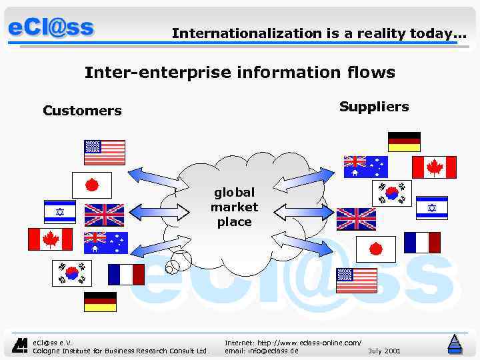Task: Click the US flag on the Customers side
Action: point(104,152)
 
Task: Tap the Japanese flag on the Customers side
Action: point(91,184)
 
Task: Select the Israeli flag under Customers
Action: point(60,211)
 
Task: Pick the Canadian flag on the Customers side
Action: point(50,239)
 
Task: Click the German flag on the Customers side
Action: point(100,302)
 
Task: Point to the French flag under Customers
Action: point(126,274)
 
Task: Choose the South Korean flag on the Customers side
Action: point(71,273)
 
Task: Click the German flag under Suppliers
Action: point(404,142)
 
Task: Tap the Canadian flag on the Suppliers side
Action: point(434,167)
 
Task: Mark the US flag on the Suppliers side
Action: point(357,281)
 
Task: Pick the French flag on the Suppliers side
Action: point(422,243)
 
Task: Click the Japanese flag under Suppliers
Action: point(375,249)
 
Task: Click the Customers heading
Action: point(82,111)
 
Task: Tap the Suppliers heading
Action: point(374,107)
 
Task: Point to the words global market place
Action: point(234,207)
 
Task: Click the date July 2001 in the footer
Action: point(384,350)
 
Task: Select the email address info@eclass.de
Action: point(261,350)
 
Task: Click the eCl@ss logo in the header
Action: point(51,29)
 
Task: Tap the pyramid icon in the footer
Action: point(455,343)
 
